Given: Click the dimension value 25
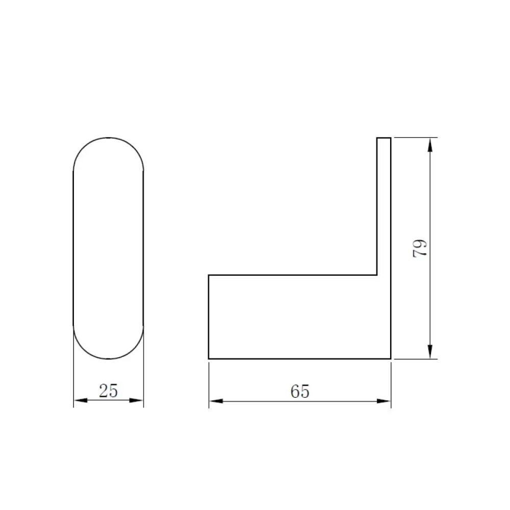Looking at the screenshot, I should (x=108, y=391).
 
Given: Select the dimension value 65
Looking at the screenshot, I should (x=300, y=392).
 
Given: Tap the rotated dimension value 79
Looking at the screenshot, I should (x=420, y=248).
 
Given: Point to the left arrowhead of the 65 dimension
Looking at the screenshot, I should (x=216, y=401).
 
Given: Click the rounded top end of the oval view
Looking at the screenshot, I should (x=109, y=138).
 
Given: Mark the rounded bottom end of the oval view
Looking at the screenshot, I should (x=109, y=359).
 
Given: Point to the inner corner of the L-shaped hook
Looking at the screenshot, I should (x=377, y=275).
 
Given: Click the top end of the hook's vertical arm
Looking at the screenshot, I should (x=384, y=138).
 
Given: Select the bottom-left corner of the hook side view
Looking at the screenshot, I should (x=209, y=359).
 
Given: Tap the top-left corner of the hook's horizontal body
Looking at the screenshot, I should (x=209, y=275).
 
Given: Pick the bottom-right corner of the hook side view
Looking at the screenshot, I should (x=391, y=359).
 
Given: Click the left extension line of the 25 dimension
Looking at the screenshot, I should (x=74, y=377).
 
